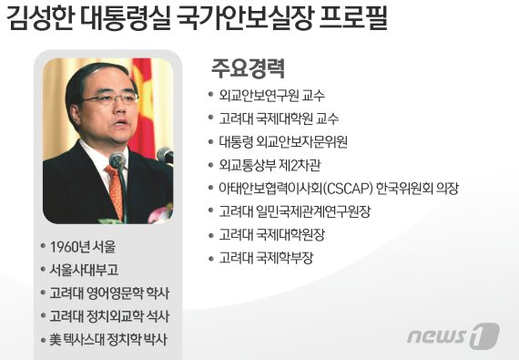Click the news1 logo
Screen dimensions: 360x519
point(453,336)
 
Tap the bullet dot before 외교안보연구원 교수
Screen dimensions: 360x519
point(212,95)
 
